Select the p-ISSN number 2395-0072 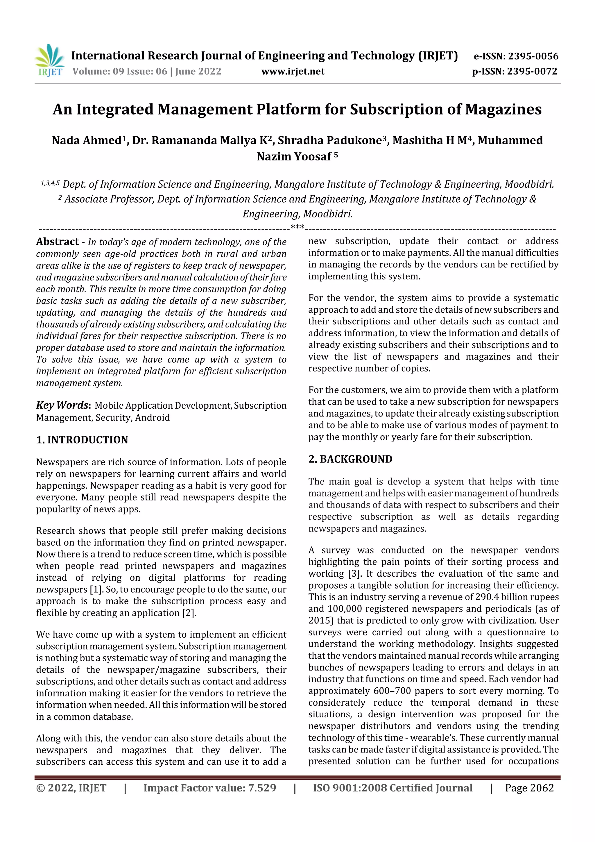tap(532, 71)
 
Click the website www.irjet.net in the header tap(293, 71)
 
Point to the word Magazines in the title tap(503, 109)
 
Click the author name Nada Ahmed tap(87, 140)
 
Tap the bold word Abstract tap(58, 242)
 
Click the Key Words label tap(63, 405)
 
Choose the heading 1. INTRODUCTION tap(82, 440)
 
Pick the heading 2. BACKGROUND tap(350, 459)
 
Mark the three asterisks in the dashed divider tap(297, 227)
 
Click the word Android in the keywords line tap(152, 417)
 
